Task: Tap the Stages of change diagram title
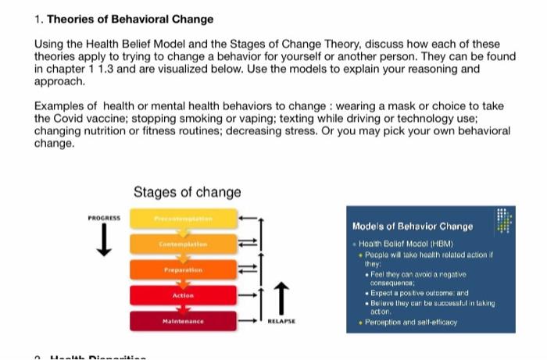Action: [x=187, y=192]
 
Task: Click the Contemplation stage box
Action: [x=182, y=244]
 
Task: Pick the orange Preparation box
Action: [x=182, y=270]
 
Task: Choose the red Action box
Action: [x=182, y=296]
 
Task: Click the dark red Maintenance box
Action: [x=182, y=321]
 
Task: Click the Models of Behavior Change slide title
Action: [x=412, y=226]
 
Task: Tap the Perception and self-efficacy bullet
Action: [x=409, y=321]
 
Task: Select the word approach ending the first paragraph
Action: [x=59, y=81]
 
